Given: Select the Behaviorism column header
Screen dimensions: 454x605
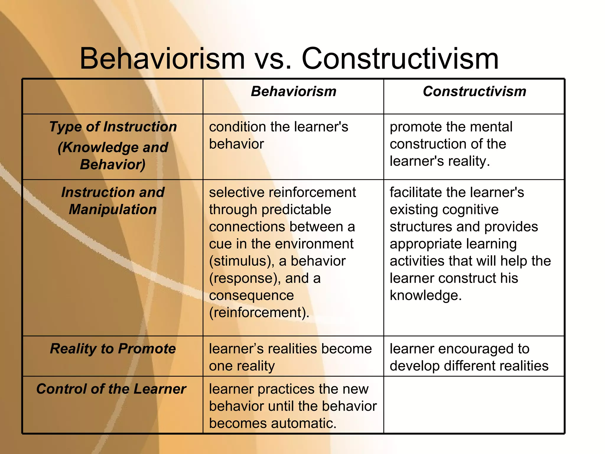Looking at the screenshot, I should pyautogui.click(x=294, y=91).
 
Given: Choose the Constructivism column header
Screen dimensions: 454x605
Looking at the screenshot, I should pyautogui.click(x=474, y=91).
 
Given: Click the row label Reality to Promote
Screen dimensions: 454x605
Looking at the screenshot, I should pyautogui.click(x=113, y=348).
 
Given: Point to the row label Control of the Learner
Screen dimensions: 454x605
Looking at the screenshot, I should pyautogui.click(x=111, y=389).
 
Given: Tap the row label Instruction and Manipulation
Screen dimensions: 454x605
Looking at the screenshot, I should pyautogui.click(x=113, y=201).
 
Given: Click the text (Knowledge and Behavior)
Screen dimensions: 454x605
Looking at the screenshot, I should pyautogui.click(x=113, y=156).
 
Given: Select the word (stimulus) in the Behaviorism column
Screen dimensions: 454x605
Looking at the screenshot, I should pyautogui.click(x=242, y=261).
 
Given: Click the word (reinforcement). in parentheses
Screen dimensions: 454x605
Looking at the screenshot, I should pyautogui.click(x=259, y=312).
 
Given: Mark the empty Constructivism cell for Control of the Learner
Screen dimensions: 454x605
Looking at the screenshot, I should pyautogui.click(x=474, y=405).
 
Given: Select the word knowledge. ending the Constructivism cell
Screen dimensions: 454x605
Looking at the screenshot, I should pyautogui.click(x=425, y=295).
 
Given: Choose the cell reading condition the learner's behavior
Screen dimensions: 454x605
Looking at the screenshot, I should pyautogui.click(x=279, y=135).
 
